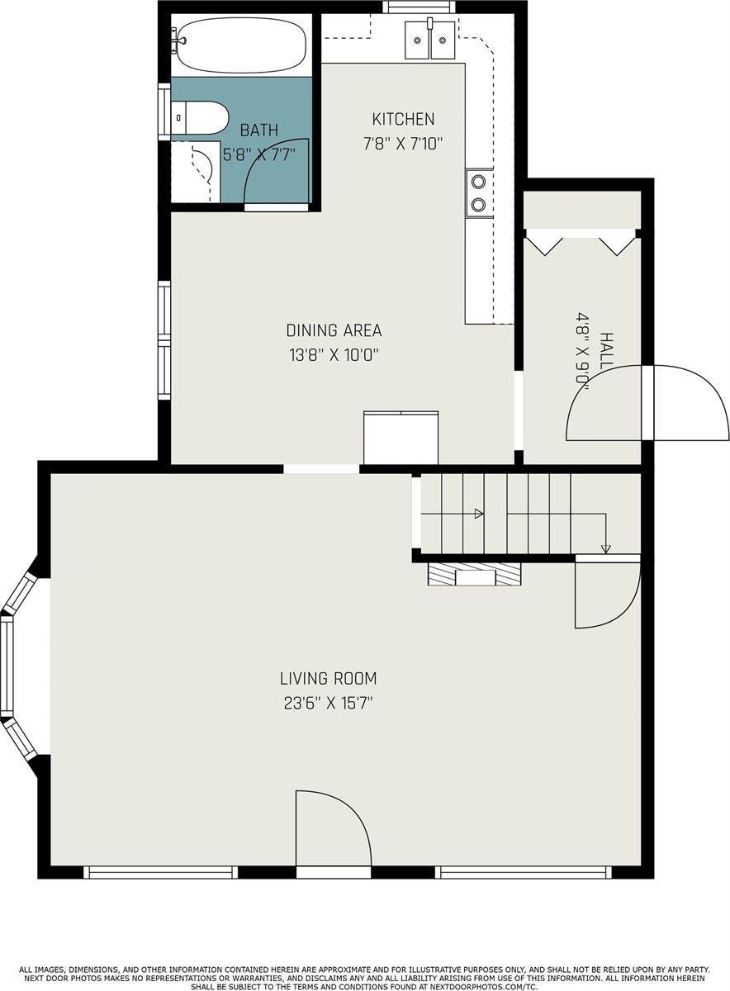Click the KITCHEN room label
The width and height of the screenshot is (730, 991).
[402, 119]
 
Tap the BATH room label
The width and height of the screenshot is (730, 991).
[258, 130]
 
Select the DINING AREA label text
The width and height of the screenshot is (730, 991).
[334, 331]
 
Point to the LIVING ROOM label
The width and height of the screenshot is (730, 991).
[328, 680]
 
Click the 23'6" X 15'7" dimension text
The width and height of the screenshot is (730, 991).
[328, 704]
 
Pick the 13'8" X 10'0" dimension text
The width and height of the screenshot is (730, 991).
[334, 355]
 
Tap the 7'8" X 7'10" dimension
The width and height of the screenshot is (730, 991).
[403, 143]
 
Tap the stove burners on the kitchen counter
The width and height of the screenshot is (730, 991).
[479, 192]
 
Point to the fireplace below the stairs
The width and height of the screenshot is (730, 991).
[475, 574]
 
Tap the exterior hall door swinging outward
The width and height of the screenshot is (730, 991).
[690, 403]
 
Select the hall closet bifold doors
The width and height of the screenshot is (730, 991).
[583, 242]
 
